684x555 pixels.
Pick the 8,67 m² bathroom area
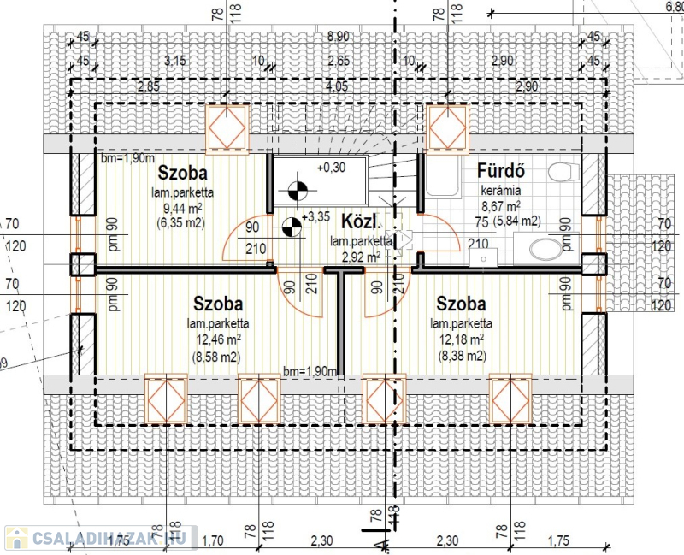pos(502,206)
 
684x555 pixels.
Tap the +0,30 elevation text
pos(330,168)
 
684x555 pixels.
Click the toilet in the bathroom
pos(562,174)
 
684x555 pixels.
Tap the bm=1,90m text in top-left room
pos(127,158)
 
